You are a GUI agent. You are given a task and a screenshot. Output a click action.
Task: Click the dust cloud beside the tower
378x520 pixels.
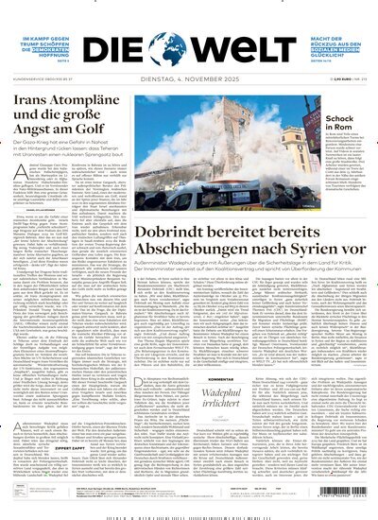click(184, 142)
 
